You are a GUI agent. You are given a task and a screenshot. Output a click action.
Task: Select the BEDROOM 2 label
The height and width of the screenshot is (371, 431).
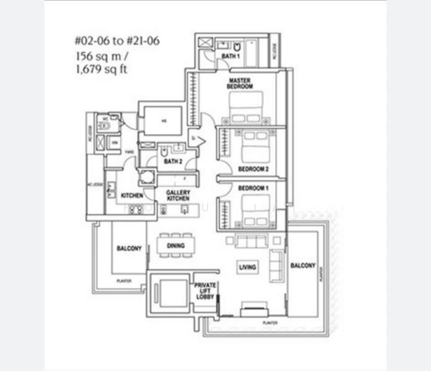coord(254,168)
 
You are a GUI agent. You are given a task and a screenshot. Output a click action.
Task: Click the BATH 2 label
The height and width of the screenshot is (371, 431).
coord(173,161)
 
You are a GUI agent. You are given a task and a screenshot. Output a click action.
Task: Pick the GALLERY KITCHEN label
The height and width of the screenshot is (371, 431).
coord(178,195)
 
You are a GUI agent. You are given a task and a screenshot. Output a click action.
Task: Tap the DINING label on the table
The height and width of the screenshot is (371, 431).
coord(175,245)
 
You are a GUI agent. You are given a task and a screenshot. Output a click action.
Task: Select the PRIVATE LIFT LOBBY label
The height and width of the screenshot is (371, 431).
coord(204,291)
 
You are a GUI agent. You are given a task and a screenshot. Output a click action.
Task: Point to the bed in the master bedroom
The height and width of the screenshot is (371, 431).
coord(246,108)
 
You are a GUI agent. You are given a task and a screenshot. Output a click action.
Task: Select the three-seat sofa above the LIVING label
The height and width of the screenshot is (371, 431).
coord(251,241)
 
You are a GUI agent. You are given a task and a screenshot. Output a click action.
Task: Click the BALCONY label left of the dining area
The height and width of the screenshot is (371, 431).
coord(129,249)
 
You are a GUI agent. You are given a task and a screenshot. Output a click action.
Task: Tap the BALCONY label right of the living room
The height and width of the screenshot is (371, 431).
coord(303,265)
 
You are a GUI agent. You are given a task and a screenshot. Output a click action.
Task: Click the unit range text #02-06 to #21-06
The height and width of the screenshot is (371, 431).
coord(117,43)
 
